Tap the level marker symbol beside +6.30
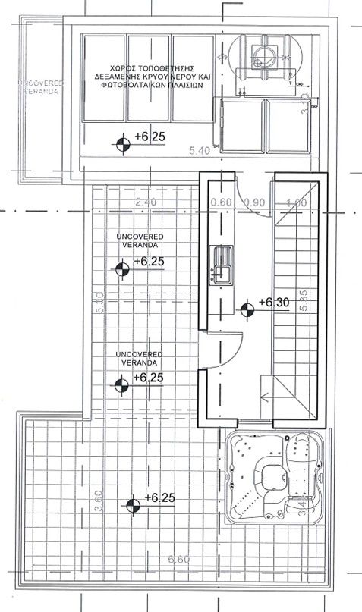point(247,309)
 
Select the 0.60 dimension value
point(221,202)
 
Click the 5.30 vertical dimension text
point(99,303)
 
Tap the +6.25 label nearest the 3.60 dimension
point(158,497)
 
